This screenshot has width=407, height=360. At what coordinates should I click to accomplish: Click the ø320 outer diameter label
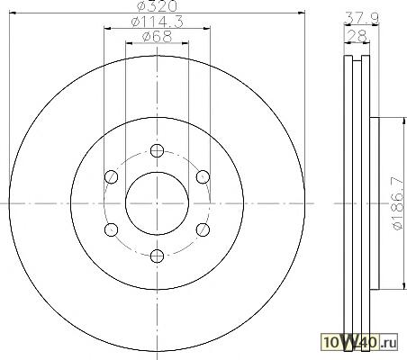tap(157, 6)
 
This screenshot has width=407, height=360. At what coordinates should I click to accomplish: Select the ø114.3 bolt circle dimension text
tap(158, 22)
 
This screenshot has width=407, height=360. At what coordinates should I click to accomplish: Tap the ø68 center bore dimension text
tap(157, 37)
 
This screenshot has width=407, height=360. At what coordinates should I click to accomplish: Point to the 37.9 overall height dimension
tap(361, 18)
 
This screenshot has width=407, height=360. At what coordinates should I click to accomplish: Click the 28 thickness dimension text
tap(357, 37)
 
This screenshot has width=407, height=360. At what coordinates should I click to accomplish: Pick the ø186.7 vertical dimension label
tap(397, 203)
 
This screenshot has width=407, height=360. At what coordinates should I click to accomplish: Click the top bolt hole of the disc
tap(157, 150)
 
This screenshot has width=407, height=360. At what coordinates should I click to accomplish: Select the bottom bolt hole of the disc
tap(157, 256)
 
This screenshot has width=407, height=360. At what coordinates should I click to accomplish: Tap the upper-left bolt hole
tap(112, 177)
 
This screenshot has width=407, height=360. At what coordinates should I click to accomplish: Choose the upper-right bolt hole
tap(203, 177)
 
